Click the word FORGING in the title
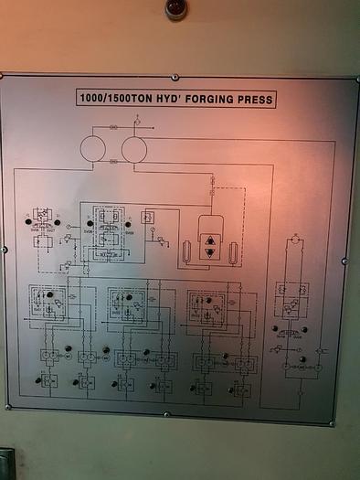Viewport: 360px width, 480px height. pos(212,100)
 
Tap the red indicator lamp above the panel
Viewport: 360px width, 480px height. pos(176,7)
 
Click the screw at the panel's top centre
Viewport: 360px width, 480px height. pos(175,78)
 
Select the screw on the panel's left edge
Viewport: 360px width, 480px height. pos(5,249)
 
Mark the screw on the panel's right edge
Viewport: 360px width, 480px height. pos(344,261)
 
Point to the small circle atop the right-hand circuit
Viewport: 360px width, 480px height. pos(294,240)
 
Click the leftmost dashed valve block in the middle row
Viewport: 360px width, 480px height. pos(47,301)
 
